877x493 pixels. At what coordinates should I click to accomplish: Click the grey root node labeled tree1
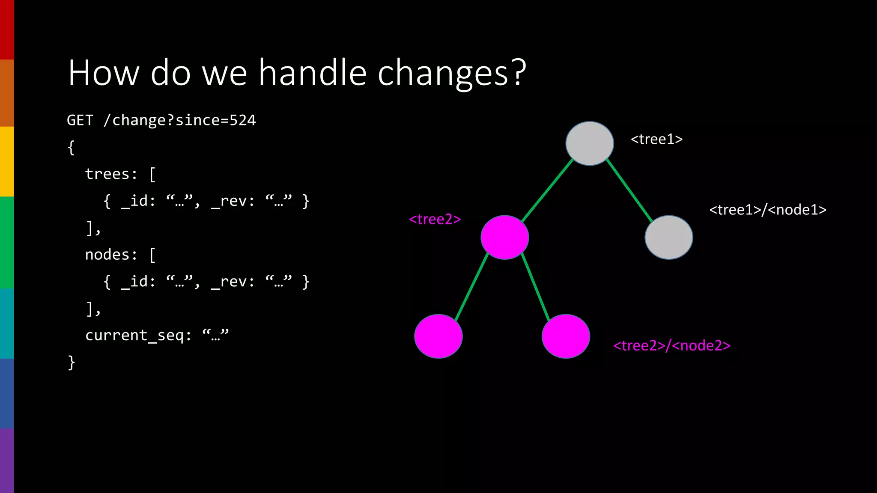point(590,143)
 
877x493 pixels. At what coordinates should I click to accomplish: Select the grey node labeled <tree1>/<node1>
point(668,238)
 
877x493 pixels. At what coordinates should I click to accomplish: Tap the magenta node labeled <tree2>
point(504,238)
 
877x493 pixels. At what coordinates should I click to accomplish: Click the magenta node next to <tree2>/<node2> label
point(566,336)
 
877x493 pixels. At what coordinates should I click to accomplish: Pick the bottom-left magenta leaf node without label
point(438,336)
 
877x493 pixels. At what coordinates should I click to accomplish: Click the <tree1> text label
point(656,139)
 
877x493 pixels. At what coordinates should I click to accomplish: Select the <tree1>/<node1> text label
point(767,210)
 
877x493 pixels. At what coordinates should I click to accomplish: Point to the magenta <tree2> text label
point(435,219)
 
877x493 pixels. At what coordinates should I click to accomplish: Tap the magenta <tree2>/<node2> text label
point(671,345)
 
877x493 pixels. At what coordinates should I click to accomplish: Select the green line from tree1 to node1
point(629,190)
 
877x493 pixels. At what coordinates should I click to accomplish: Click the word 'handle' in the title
point(313,73)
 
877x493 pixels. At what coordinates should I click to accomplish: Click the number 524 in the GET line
point(242,120)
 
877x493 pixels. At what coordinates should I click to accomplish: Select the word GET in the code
point(80,120)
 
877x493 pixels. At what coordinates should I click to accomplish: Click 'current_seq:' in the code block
point(138,335)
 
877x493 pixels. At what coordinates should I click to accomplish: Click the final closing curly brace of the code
point(72,362)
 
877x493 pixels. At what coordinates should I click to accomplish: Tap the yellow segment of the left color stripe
point(7,161)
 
